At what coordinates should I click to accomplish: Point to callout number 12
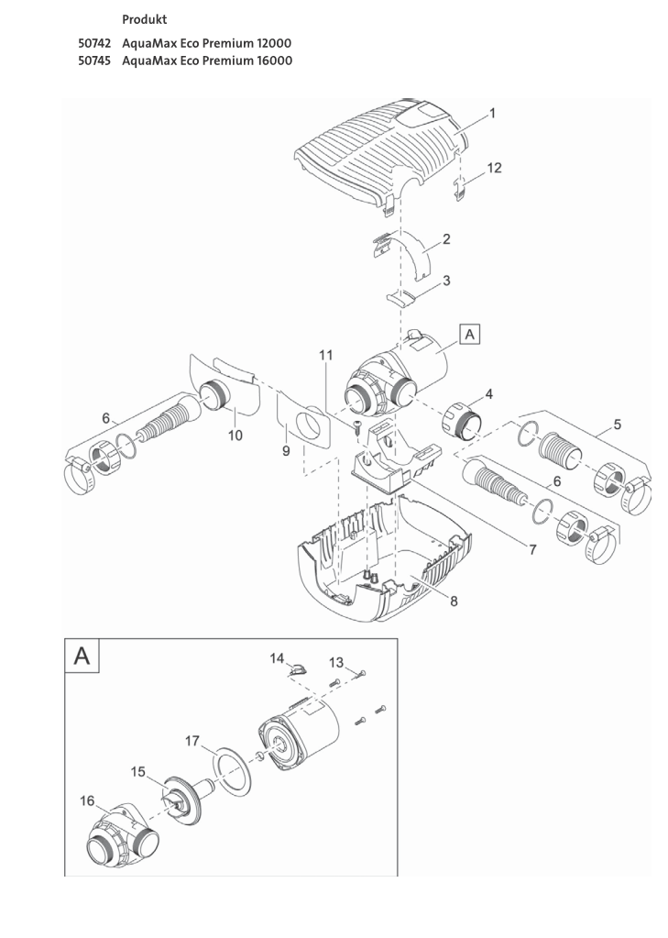(494, 168)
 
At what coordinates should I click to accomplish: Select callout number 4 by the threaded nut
(488, 393)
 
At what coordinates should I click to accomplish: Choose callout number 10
(235, 436)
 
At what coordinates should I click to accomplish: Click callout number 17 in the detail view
(192, 739)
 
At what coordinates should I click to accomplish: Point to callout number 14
(277, 657)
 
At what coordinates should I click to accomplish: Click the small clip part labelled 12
(464, 190)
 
